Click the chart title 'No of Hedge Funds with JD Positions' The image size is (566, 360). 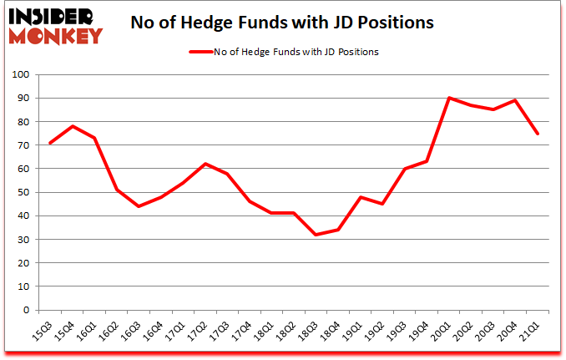(x=282, y=23)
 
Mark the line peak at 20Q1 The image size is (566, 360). (x=449, y=98)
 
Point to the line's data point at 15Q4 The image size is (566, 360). (x=73, y=126)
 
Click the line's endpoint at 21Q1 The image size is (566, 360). (x=538, y=134)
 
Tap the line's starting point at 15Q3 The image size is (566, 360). (x=50, y=143)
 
